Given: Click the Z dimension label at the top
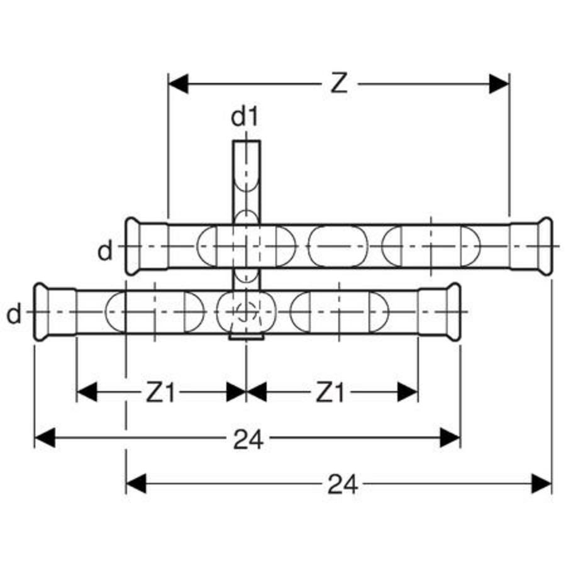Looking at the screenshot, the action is click(340, 84).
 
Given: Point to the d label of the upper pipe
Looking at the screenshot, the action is click(105, 251).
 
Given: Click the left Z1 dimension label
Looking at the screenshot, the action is click(160, 392).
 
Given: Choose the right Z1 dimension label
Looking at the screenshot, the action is click(330, 392).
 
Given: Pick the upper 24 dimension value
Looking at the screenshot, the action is click(248, 440).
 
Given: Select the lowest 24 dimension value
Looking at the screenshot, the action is click(343, 484).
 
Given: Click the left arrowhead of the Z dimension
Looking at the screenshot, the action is click(179, 84).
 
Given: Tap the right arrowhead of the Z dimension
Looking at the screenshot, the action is click(499, 84).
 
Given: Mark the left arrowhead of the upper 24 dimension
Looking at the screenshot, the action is click(45, 438).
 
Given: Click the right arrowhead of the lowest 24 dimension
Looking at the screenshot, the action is click(541, 484).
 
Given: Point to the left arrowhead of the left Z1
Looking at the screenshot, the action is click(87, 392).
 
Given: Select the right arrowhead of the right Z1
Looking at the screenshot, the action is click(408, 392).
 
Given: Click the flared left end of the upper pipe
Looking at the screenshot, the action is click(133, 246).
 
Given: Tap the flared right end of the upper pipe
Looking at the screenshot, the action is click(545, 246).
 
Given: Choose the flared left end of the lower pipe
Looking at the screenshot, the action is click(41, 312).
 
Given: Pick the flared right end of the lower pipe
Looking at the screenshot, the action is click(453, 312).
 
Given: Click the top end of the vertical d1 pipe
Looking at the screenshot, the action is click(246, 141).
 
